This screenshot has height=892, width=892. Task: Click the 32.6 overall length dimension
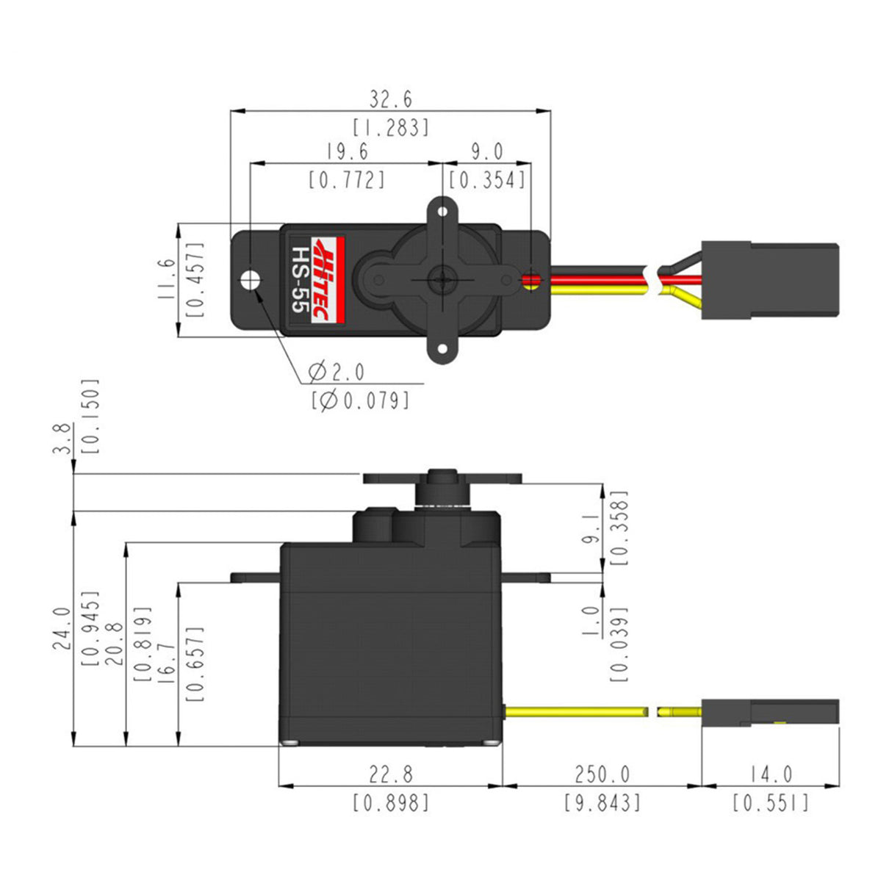391,98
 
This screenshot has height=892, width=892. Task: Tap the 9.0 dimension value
487,151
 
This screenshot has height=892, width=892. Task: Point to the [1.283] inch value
391,128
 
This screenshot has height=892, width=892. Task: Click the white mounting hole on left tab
251,279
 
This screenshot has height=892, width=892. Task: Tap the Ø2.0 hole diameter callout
337,372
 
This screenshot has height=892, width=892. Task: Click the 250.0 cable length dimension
602,774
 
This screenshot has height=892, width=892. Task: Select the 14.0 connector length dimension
771,774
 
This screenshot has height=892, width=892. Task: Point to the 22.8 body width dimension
391,774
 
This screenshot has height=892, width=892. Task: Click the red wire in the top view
599,279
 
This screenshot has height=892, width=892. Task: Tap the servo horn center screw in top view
442,279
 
